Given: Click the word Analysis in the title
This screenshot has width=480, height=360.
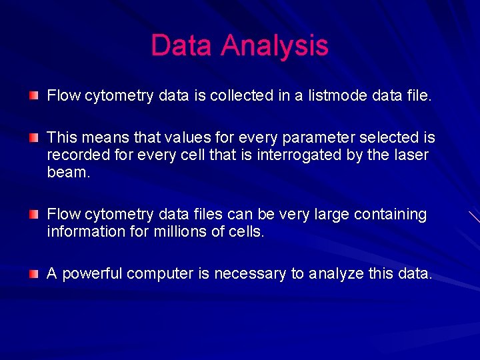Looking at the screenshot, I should (x=275, y=46).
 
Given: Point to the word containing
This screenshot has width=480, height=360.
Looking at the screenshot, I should (x=389, y=215).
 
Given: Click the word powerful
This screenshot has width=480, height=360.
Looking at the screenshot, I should (x=92, y=274).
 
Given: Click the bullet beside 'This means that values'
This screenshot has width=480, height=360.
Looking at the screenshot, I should (x=33, y=138).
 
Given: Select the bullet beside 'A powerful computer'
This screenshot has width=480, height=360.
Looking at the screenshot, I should (x=33, y=274).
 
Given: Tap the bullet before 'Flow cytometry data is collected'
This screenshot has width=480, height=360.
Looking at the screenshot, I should (x=33, y=96).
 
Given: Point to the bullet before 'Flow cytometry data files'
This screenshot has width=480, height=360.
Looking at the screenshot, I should (x=33, y=215).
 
